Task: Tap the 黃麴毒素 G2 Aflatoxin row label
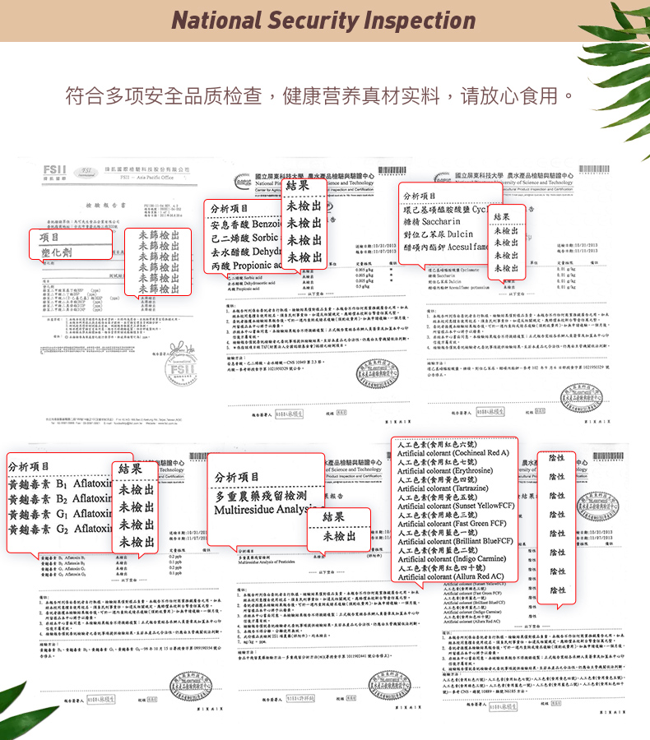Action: tap(57, 530)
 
